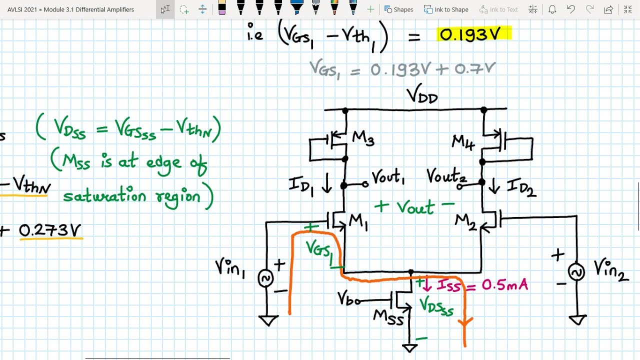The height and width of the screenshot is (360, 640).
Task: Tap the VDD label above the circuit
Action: coord(422,94)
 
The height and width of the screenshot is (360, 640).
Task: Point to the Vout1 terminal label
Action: coord(388,177)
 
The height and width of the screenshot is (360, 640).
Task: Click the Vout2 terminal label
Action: coord(446,176)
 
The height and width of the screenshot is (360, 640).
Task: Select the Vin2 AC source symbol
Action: coord(576,272)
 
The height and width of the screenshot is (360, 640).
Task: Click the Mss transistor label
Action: coord(388,317)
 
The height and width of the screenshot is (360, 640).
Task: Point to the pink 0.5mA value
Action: coord(504,285)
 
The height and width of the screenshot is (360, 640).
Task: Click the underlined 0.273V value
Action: coord(50,230)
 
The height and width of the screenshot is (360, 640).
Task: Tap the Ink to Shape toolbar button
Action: coord(446,9)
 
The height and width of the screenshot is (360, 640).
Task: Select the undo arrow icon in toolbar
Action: coord(571,9)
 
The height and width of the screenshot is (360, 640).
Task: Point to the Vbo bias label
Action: coord(349,299)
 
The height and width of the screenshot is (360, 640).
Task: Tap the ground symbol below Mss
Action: coord(410,347)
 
